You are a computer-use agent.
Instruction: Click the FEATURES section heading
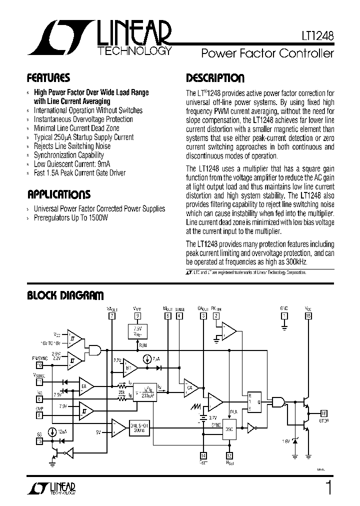click(x=48, y=78)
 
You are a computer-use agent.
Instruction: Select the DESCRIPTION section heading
click(x=215, y=78)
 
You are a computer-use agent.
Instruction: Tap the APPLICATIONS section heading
click(x=58, y=194)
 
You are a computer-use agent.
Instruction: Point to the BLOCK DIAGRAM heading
click(x=65, y=295)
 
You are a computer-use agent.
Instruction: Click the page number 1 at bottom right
click(x=328, y=487)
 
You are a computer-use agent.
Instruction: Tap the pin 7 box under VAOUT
click(x=111, y=315)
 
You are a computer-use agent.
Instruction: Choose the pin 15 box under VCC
click(x=308, y=315)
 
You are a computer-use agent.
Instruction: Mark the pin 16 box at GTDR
click(x=324, y=412)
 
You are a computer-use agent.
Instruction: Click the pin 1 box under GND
click(x=284, y=315)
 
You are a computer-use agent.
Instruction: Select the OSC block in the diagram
click(x=229, y=428)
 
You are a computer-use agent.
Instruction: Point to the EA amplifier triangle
click(x=85, y=385)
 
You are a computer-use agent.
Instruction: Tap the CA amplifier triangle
click(x=190, y=387)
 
